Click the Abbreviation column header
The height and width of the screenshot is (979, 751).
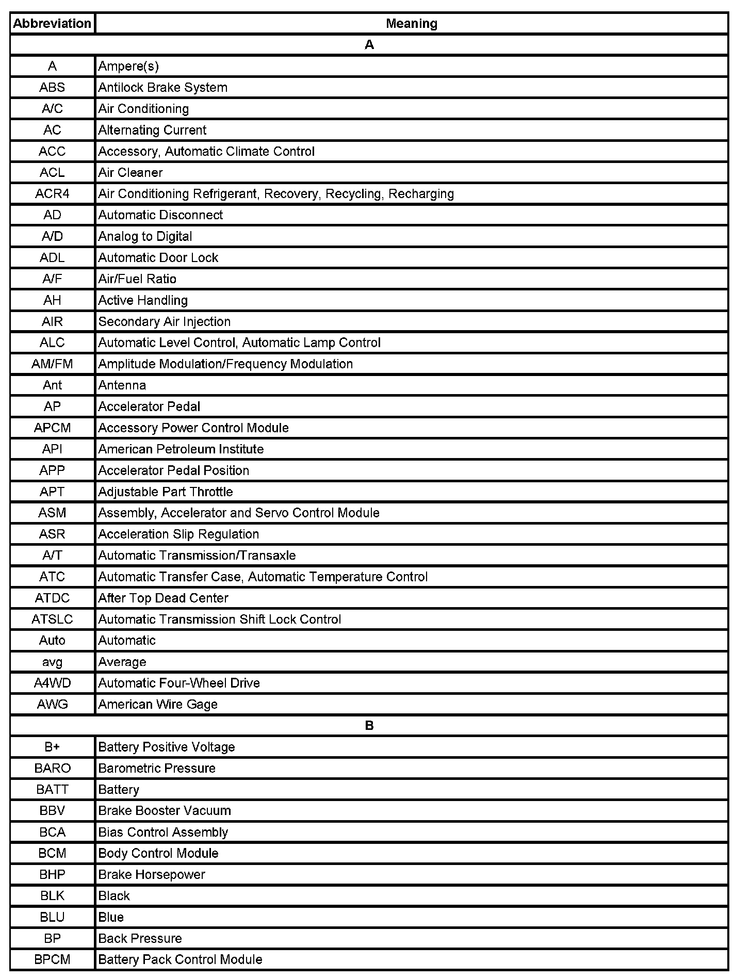point(52,24)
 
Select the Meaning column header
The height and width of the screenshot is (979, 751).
point(411,24)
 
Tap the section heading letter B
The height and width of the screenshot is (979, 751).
point(369,725)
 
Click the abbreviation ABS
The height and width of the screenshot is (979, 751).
point(52,87)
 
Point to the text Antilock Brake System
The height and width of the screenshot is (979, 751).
point(162,87)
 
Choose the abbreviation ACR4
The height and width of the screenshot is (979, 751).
point(52,193)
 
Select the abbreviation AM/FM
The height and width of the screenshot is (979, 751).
point(52,364)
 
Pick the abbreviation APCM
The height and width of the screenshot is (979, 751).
point(52,428)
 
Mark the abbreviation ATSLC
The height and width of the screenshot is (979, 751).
point(52,619)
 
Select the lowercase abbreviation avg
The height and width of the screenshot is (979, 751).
point(52,662)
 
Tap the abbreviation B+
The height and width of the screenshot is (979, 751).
point(52,747)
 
